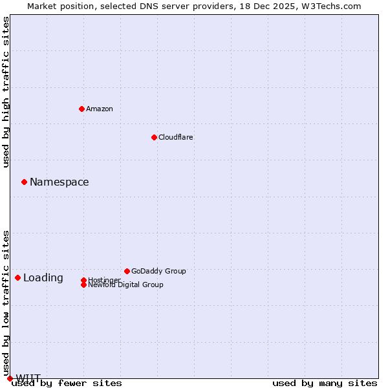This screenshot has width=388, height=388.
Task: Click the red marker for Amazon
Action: [x=81, y=109]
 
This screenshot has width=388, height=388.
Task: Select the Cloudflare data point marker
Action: [x=154, y=137]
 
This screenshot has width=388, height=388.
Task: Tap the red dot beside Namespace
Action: [x=24, y=182]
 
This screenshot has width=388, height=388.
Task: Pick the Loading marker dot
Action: [x=17, y=277]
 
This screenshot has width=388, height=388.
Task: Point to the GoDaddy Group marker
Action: [x=127, y=271]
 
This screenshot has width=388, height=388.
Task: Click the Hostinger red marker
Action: [x=83, y=280]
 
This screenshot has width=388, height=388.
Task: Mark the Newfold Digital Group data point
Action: [x=83, y=285]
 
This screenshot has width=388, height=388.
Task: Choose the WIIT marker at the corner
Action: [x=10, y=378]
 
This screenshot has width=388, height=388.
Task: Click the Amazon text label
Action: [x=100, y=109]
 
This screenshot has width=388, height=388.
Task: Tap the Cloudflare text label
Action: [x=176, y=137]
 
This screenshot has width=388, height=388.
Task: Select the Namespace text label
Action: [x=59, y=182]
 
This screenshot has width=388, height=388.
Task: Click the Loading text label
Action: [x=43, y=278]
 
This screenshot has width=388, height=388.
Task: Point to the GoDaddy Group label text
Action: [x=158, y=271]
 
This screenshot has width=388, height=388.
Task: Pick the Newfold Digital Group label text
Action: [x=126, y=285]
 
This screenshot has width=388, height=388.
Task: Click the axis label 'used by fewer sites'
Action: [x=67, y=383]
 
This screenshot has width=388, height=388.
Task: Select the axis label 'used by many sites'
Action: [x=325, y=383]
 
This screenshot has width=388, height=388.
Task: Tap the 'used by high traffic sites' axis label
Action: [x=6, y=92]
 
